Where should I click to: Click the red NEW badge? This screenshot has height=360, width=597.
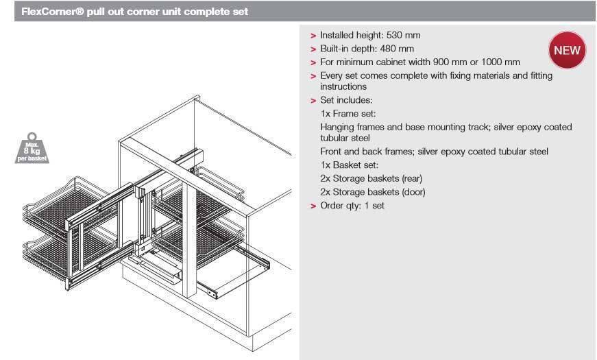[x=566, y=50]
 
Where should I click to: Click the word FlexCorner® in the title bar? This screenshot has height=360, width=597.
[x=51, y=12]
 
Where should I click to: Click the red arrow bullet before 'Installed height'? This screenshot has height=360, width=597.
[x=313, y=36]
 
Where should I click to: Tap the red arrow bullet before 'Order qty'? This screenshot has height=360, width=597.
[x=313, y=206]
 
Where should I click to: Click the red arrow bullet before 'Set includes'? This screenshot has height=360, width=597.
[x=313, y=101]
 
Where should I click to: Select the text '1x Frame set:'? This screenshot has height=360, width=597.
[x=348, y=114]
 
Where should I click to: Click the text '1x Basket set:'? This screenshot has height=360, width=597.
[x=350, y=165]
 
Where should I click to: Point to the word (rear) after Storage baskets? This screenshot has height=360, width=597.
[x=408, y=179]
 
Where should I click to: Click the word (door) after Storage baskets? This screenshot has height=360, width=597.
[x=410, y=192]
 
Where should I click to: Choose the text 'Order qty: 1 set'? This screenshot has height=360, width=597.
[x=352, y=205]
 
